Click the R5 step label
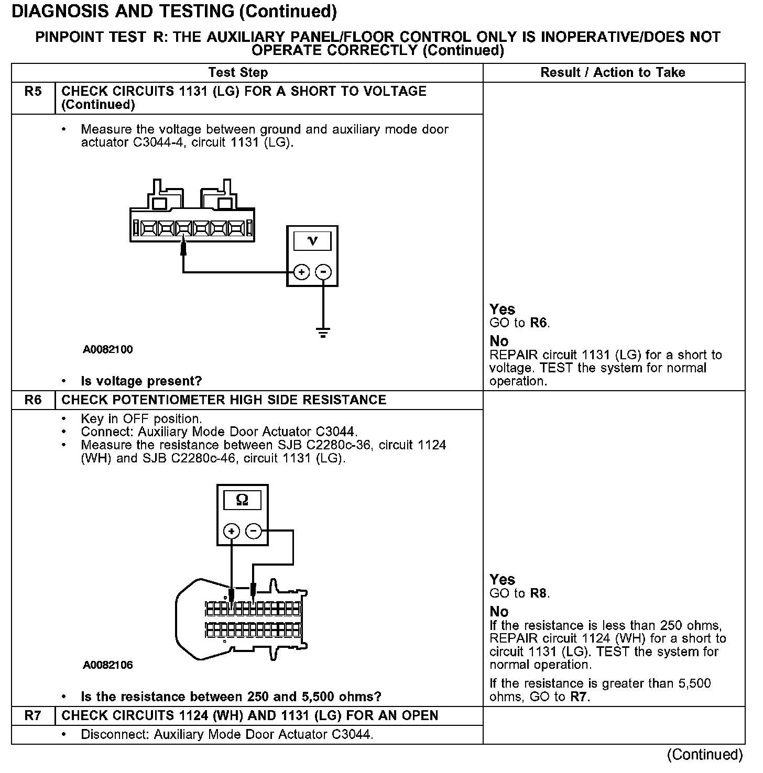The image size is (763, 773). pyautogui.click(x=32, y=92)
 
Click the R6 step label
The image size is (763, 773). pyautogui.click(x=32, y=400)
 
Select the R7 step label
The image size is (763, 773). pyautogui.click(x=32, y=716)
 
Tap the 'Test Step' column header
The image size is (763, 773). pyautogui.click(x=238, y=73)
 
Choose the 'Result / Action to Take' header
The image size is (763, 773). pyautogui.click(x=613, y=73)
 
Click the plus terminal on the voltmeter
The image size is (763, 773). pyautogui.click(x=301, y=272)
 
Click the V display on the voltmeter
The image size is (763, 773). pyautogui.click(x=312, y=241)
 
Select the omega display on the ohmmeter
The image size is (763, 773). pyautogui.click(x=242, y=500)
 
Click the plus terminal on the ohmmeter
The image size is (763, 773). pyautogui.click(x=231, y=531)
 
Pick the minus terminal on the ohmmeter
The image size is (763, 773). pyautogui.click(x=254, y=531)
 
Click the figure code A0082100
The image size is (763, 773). pyautogui.click(x=108, y=350)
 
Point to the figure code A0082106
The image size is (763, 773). pyautogui.click(x=108, y=665)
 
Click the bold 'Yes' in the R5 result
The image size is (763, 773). pyautogui.click(x=502, y=310)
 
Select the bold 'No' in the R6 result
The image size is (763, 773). pyautogui.click(x=499, y=612)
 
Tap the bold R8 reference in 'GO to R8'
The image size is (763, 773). pyautogui.click(x=539, y=593)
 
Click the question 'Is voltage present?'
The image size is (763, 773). pyautogui.click(x=141, y=381)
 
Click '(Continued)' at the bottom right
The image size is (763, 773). pyautogui.click(x=705, y=755)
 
